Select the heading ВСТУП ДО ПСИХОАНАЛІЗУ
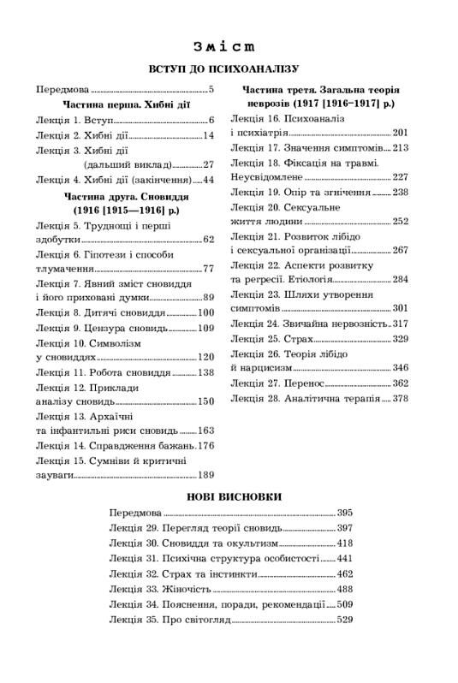click(x=229, y=68)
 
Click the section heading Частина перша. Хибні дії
click(x=124, y=105)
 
